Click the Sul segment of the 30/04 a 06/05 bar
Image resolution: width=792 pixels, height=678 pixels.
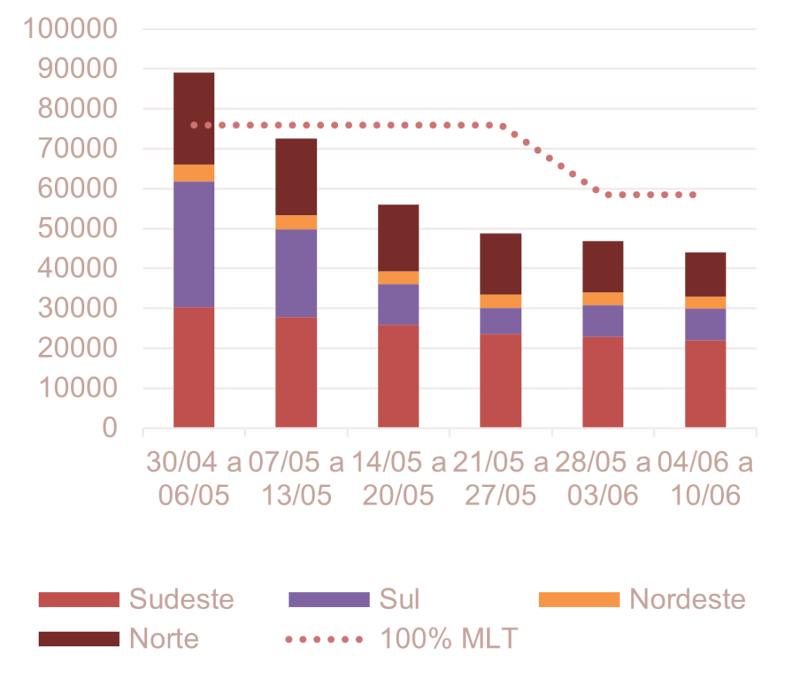click(194, 244)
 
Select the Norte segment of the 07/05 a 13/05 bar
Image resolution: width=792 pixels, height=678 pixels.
click(296, 176)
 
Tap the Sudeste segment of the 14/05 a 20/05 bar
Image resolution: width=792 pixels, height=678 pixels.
click(398, 376)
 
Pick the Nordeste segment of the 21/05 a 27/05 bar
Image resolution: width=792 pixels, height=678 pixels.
click(501, 302)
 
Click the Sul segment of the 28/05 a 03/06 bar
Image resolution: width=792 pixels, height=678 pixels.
click(603, 321)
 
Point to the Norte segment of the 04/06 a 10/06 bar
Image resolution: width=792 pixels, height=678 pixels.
click(705, 274)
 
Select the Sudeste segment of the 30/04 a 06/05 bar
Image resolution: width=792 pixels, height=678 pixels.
click(194, 367)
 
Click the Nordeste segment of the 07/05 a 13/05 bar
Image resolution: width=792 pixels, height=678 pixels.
click(296, 223)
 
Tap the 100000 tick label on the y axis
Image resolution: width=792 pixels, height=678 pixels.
click(70, 29)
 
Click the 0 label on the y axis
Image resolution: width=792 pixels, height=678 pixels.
click(109, 428)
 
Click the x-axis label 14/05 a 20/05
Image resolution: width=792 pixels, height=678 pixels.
click(398, 479)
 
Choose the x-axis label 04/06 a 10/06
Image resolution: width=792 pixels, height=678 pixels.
click(705, 479)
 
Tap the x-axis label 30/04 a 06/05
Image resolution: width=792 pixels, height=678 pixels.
click(194, 479)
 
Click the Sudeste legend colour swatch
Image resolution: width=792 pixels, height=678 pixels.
click(79, 599)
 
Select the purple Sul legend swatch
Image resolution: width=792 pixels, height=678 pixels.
click(329, 599)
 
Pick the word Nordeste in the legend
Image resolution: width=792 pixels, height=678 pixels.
click(688, 599)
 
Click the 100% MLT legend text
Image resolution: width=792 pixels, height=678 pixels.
click(449, 639)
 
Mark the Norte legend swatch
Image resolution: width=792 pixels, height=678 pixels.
click(79, 639)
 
